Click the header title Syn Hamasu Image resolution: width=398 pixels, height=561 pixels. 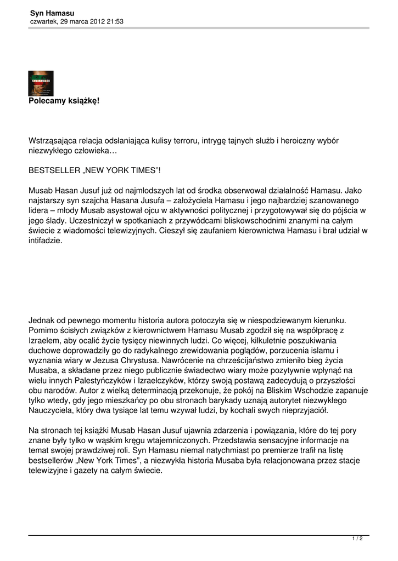52,13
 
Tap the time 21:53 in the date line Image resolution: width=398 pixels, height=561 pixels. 114,21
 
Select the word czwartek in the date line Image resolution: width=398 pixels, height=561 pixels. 42,21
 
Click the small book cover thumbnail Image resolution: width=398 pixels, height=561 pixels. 41,83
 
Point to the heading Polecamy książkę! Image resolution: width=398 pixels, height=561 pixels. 64,101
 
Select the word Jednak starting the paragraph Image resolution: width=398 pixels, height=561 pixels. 42,319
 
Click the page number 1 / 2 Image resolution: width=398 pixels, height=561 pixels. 357,539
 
